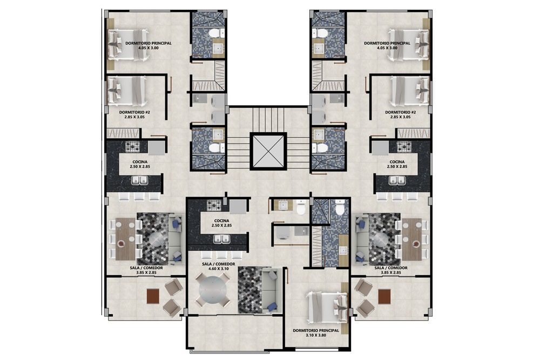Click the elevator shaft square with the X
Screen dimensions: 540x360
click(x=268, y=152)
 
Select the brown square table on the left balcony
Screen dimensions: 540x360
click(x=153, y=296)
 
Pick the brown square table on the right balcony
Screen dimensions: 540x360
click(x=384, y=296)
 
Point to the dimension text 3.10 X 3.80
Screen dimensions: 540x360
click(x=316, y=335)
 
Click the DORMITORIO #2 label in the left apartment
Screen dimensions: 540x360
click(x=134, y=112)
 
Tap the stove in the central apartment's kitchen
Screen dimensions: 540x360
click(x=214, y=206)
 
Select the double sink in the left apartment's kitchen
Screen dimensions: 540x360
click(x=139, y=180)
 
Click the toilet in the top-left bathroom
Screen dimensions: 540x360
click(x=215, y=33)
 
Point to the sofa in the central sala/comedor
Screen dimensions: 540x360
click(x=269, y=291)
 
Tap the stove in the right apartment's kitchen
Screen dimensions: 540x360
click(x=404, y=147)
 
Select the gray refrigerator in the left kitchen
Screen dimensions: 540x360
click(x=157, y=148)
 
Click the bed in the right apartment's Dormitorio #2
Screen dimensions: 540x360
click(x=410, y=91)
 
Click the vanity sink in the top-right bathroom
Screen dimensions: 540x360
click(x=319, y=49)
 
